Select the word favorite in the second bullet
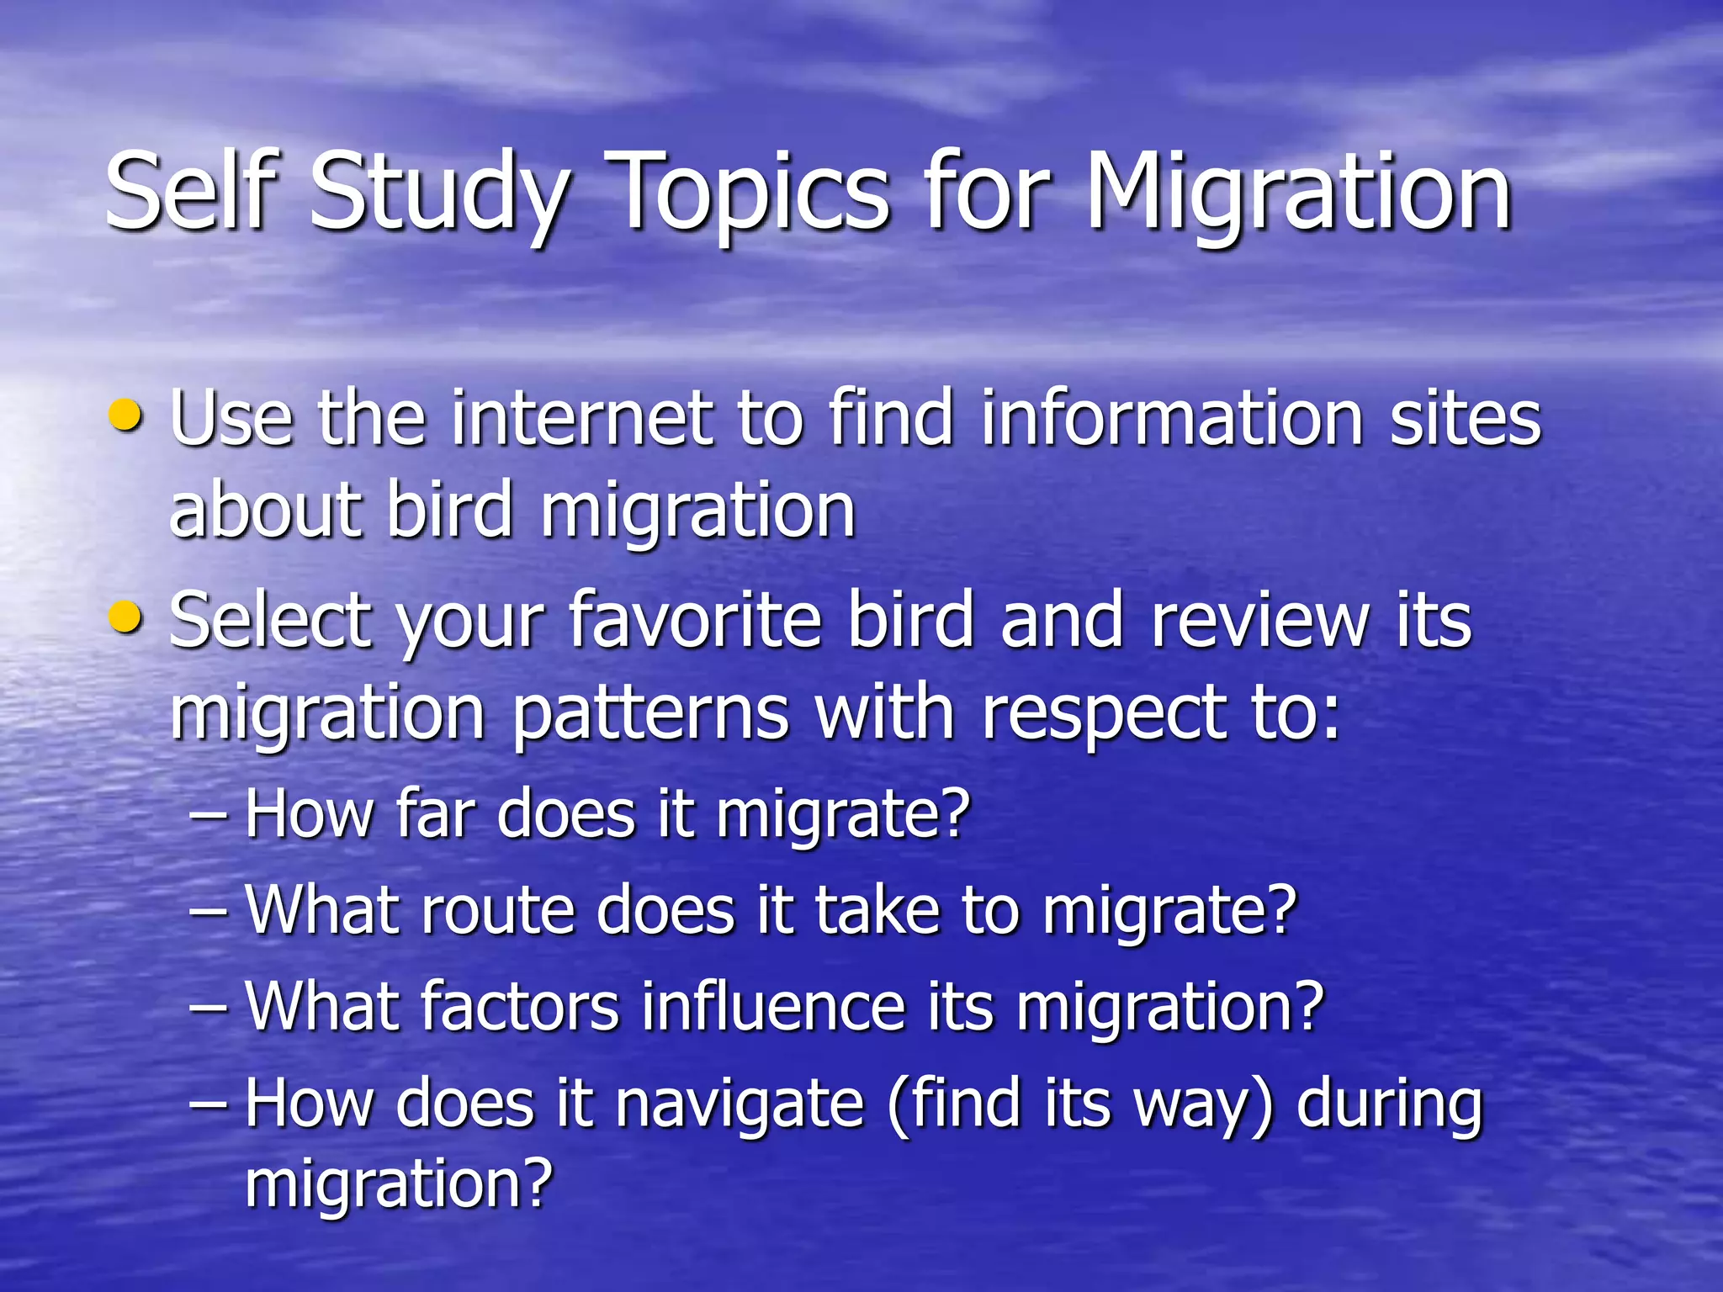point(695,621)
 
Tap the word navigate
point(739,1104)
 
